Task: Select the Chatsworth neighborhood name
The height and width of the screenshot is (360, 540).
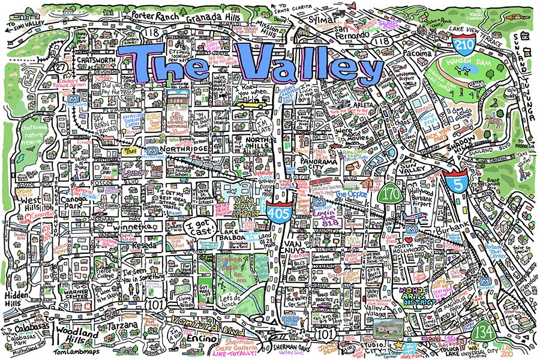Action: pos(96,60)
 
